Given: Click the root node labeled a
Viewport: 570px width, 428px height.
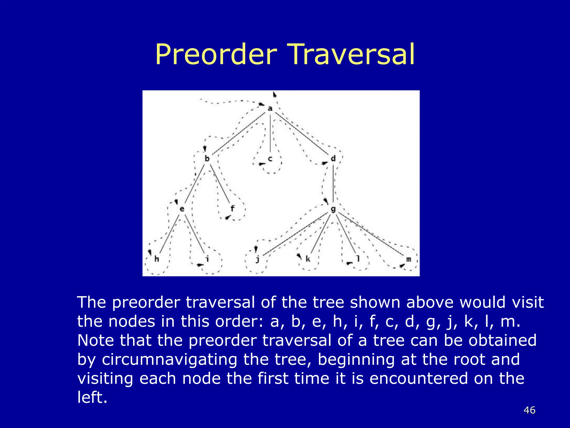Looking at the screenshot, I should (270, 108).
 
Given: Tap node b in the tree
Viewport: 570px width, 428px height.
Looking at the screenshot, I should (207, 159).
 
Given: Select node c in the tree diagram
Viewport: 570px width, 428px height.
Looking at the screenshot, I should (270, 159).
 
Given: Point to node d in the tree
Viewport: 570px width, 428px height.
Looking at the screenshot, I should (333, 158).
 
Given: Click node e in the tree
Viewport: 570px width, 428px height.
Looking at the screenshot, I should (182, 209).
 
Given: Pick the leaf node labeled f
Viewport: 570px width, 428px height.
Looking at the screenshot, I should (232, 208).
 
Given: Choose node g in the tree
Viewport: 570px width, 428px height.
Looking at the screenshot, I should (333, 209).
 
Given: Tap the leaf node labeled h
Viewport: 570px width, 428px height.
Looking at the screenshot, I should (157, 259).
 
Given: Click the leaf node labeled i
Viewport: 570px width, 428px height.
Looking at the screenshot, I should (207, 259).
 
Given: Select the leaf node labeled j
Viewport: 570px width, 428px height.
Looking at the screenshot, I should (257, 259).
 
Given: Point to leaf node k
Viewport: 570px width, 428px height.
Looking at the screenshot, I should (308, 259).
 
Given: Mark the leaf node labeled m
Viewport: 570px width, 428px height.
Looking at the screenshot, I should (409, 259).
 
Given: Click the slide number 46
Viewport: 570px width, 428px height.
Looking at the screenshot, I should (529, 410).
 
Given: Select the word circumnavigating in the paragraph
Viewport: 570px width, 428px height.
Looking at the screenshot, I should (169, 359).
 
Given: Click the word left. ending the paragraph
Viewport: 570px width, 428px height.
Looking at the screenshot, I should (92, 397).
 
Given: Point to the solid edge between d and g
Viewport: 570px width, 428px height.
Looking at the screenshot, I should (333, 184).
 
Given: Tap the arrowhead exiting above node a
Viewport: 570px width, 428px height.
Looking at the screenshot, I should (275, 94).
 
